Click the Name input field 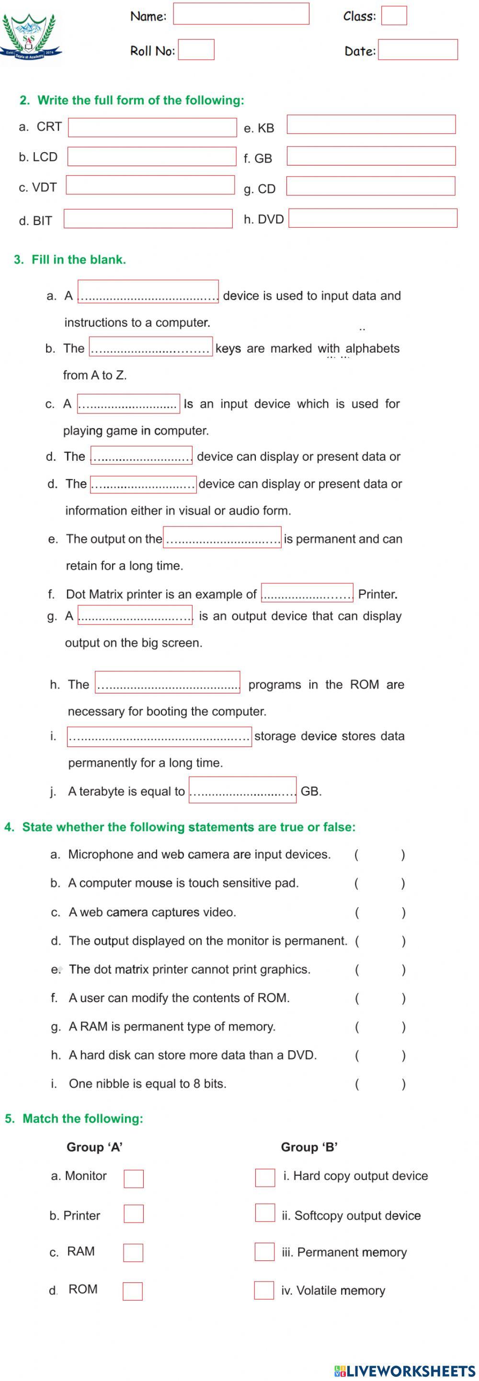click(x=241, y=14)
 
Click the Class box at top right click(x=394, y=15)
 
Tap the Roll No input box click(x=196, y=50)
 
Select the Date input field click(x=417, y=50)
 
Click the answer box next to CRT click(x=152, y=128)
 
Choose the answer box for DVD click(x=373, y=219)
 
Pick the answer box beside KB click(x=371, y=125)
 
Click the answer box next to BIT click(x=148, y=219)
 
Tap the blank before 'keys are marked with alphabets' click(x=151, y=346)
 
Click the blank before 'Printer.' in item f click(x=307, y=592)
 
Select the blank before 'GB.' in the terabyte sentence click(x=242, y=790)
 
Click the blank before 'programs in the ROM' click(x=167, y=682)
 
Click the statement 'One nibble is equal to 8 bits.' click(x=148, y=1083)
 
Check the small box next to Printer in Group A click(x=134, y=1214)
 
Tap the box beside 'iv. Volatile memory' click(x=264, y=1290)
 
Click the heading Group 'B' click(x=309, y=1147)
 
